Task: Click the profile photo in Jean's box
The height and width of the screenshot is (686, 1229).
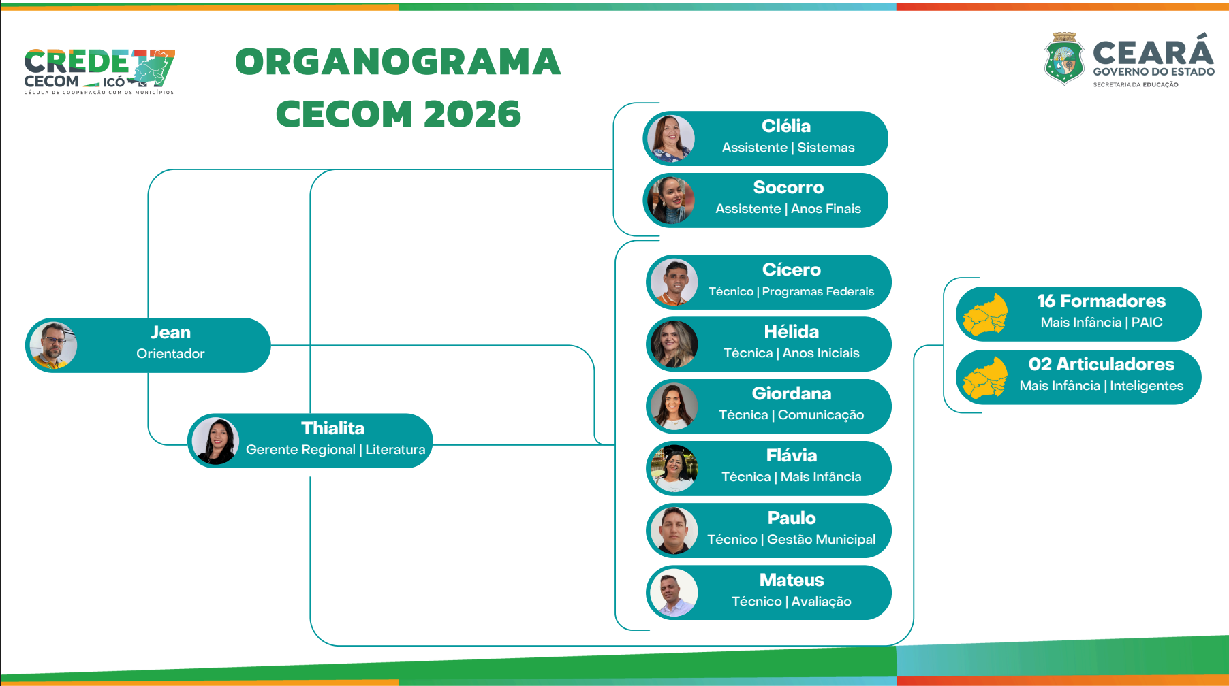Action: click(x=54, y=345)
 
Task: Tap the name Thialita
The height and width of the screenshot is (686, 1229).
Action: click(x=333, y=428)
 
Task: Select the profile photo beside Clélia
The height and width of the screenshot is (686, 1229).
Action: click(x=671, y=138)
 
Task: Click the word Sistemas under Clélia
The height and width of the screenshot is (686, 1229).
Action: click(x=826, y=148)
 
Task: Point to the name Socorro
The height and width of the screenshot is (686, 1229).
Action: click(x=788, y=187)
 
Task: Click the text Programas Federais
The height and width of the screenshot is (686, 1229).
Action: click(x=818, y=291)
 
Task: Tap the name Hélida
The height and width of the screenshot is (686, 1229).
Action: click(x=792, y=331)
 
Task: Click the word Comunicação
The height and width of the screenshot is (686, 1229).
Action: click(x=821, y=415)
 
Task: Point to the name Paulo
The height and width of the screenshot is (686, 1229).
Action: click(x=792, y=518)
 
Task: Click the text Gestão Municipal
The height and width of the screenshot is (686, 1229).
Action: click(x=822, y=540)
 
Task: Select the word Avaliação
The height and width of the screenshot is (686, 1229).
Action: click(x=822, y=602)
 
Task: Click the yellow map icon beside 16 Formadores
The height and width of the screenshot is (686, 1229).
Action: click(x=986, y=314)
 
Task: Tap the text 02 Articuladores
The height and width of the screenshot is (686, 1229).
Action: click(x=1102, y=364)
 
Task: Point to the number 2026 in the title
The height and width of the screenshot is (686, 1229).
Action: click(x=472, y=114)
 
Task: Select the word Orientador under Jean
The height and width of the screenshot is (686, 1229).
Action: click(x=170, y=353)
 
